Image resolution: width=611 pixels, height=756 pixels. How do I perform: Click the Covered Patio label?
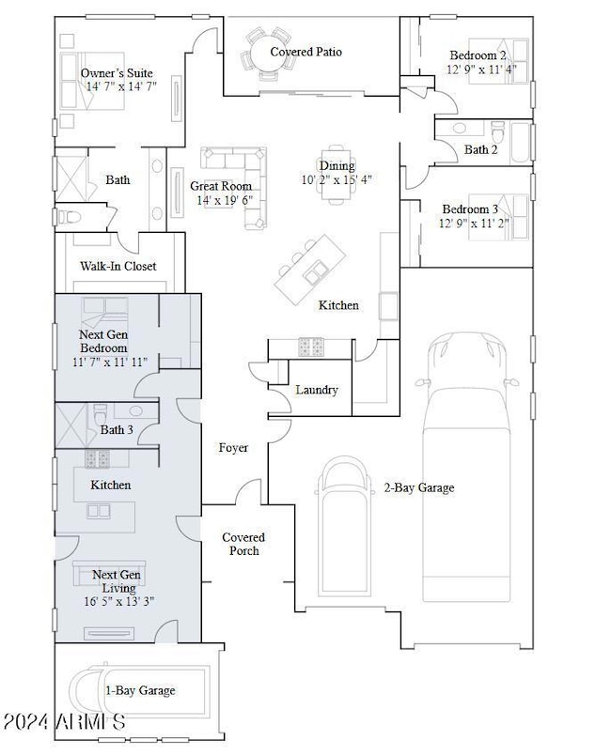(x=306, y=52)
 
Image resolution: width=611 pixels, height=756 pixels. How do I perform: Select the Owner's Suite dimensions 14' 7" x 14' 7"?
(x=121, y=86)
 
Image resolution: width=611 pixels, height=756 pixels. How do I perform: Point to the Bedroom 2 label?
(x=478, y=55)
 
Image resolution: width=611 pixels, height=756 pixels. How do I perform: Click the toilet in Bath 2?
(x=497, y=131)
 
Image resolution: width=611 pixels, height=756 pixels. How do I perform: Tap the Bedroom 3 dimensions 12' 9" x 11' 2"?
(x=474, y=224)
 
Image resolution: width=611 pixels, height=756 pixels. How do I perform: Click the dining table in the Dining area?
(x=337, y=175)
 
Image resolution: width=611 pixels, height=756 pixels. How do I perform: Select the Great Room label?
(x=221, y=186)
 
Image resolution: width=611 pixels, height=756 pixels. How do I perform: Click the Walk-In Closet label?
(x=118, y=266)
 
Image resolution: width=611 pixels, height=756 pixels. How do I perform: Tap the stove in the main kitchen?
(x=311, y=347)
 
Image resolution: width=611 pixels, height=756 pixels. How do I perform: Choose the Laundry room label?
(x=317, y=390)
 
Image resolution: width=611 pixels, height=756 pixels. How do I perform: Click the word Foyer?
(x=233, y=448)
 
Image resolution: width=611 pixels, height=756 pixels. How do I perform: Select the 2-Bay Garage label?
(x=419, y=487)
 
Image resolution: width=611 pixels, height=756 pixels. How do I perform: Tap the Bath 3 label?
(x=117, y=429)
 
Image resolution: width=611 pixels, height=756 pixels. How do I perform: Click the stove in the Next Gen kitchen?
(x=98, y=459)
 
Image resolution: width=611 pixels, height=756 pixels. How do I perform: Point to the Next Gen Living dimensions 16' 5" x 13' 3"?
(x=119, y=601)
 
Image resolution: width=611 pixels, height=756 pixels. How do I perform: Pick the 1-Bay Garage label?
(x=140, y=690)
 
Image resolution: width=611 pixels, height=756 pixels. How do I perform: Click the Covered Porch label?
(x=243, y=544)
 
